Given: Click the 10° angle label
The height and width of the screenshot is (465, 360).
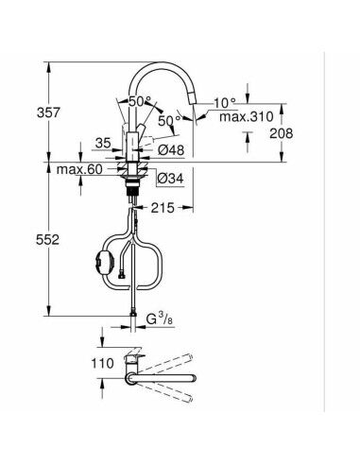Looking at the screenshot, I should pyautogui.click(x=225, y=101).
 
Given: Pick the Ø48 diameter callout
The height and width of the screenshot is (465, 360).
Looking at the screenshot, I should pyautogui.click(x=169, y=148).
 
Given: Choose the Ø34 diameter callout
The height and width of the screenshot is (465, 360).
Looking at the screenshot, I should pyautogui.click(x=170, y=177).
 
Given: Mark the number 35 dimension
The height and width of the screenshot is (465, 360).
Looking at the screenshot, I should pyautogui.click(x=104, y=145).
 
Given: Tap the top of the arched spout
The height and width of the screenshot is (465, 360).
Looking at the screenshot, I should pyautogui.click(x=161, y=65).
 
